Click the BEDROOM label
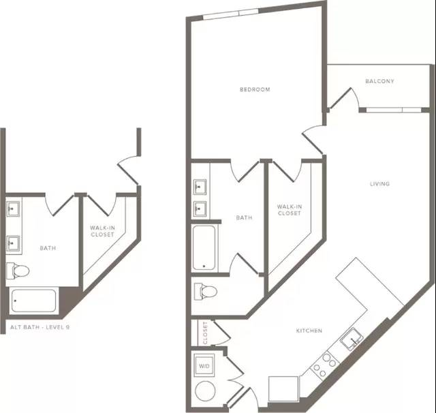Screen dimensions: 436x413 pos(255,89)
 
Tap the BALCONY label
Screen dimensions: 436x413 pos(379,81)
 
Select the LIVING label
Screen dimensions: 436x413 pos(379,184)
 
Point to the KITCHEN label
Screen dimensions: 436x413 pos(309,331)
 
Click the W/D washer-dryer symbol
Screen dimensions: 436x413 pos(204,365)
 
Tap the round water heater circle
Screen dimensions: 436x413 pos(205,391)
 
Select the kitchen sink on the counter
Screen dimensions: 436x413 pos(352,339)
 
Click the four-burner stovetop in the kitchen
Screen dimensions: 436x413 pos(324,365)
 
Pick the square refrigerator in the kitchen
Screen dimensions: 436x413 pos(283,388)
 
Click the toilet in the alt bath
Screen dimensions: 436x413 pos(18,271)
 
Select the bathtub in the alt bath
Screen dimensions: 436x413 pos(33,301)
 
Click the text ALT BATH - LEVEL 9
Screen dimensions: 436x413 pos(40,327)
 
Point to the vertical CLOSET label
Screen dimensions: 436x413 pos(205,333)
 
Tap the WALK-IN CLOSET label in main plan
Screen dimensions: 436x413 pos(290,210)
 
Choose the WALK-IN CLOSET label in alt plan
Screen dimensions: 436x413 pos(102,231)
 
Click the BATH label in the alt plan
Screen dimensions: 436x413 pos(48,248)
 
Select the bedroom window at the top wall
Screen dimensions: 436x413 pos(231,14)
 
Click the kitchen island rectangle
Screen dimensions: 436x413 pos(370,288)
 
